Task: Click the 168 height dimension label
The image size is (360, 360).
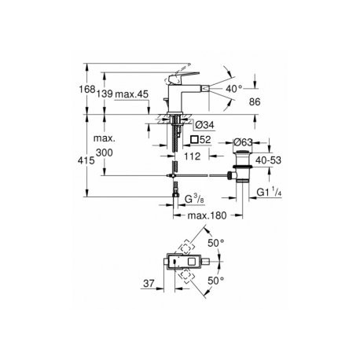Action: pyautogui.click(x=87, y=90)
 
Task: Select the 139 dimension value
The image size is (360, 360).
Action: pyautogui.click(x=105, y=94)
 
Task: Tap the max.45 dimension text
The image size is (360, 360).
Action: pyautogui.click(x=132, y=94)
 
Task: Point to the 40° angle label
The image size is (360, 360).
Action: pyautogui.click(x=233, y=89)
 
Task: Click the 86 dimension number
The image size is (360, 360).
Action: pyautogui.click(x=255, y=101)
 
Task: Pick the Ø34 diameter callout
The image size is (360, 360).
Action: pyautogui.click(x=205, y=125)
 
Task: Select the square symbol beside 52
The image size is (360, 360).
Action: pyautogui.click(x=194, y=139)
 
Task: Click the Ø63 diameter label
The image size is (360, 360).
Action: pyautogui.click(x=243, y=142)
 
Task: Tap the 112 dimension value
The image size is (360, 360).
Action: pyautogui.click(x=192, y=156)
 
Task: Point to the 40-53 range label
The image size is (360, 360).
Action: pyautogui.click(x=268, y=160)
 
